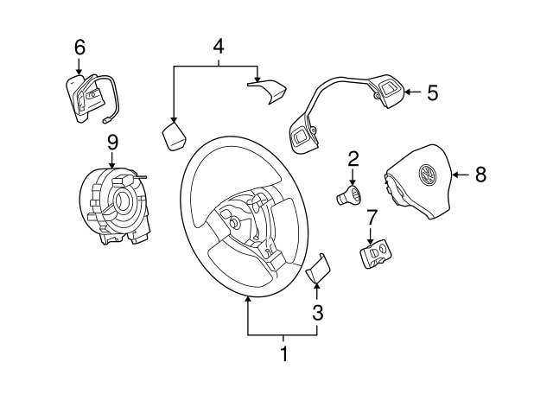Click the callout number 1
tap(283, 353)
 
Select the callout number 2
tap(353, 158)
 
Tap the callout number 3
tap(318, 312)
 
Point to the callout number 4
tap(218, 47)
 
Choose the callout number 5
tap(433, 92)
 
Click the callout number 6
tap(79, 48)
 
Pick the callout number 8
tap(480, 175)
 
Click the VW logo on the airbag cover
tap(427, 175)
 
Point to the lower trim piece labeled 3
tap(317, 270)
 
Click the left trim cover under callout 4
tap(175, 136)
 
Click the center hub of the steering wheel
tap(235, 221)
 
